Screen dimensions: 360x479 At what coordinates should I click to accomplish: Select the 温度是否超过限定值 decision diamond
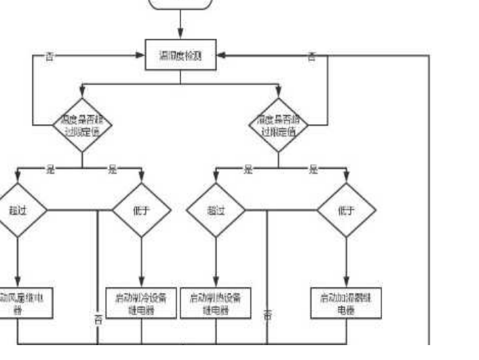click(x=82, y=125)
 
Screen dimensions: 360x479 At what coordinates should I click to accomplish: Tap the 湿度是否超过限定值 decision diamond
click(x=278, y=125)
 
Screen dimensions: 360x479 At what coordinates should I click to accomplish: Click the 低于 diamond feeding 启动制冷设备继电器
click(x=141, y=210)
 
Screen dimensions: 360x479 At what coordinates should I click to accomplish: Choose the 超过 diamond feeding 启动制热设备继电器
click(x=216, y=210)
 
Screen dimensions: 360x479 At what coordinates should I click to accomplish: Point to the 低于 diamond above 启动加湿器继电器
click(x=346, y=210)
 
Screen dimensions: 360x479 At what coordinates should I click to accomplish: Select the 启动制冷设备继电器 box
click(x=141, y=304)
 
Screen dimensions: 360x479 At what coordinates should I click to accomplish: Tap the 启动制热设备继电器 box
click(x=216, y=304)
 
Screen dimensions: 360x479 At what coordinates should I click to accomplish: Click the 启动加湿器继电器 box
click(x=346, y=304)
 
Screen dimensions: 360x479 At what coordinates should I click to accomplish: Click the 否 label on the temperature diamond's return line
click(x=49, y=57)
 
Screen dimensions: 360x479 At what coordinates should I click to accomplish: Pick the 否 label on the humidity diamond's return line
click(x=311, y=57)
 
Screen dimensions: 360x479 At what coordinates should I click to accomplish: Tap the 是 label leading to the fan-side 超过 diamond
click(x=50, y=169)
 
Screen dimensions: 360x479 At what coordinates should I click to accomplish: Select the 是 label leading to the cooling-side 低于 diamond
click(x=112, y=169)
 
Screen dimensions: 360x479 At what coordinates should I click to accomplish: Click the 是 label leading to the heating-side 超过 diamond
click(x=247, y=169)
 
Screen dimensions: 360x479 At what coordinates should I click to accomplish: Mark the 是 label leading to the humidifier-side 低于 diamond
click(x=313, y=169)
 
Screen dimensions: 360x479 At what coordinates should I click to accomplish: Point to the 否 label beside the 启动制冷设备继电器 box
click(x=98, y=319)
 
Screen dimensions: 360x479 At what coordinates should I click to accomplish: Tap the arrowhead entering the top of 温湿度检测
click(x=180, y=37)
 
